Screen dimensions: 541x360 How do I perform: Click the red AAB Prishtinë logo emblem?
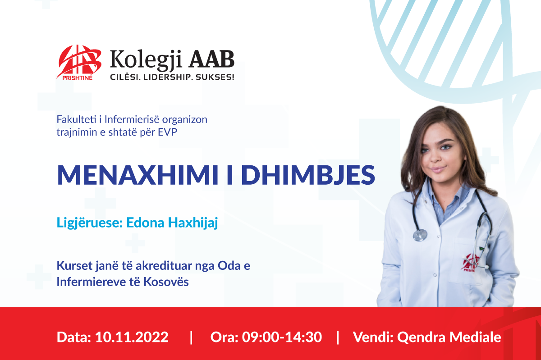point(79,62)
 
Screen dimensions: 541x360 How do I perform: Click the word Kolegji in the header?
point(146,60)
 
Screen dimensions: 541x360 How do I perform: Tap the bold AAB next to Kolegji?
point(211,59)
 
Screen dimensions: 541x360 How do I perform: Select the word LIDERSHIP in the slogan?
point(166,77)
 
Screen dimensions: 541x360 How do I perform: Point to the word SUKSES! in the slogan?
point(215,77)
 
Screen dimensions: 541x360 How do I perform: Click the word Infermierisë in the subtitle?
point(132,119)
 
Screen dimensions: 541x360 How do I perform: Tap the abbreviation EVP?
point(167,132)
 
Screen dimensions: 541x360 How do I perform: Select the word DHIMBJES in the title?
point(308,175)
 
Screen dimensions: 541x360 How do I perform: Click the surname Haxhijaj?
point(193,223)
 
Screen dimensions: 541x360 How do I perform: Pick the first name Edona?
point(145,223)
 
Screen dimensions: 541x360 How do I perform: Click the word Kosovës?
point(166,282)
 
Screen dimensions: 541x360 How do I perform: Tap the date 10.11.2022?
point(132,337)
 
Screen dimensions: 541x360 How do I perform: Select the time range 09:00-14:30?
point(282,337)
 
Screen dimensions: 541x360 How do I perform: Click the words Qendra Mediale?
point(449,337)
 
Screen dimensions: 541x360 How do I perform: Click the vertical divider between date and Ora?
point(191,337)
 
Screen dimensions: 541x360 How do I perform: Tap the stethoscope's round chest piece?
point(420,235)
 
